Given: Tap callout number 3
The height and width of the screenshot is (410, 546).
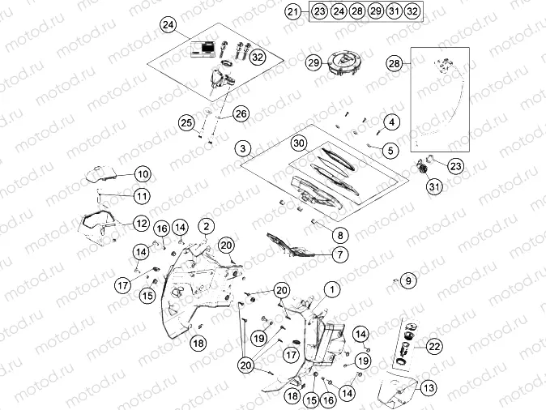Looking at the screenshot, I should pyautogui.click(x=243, y=149).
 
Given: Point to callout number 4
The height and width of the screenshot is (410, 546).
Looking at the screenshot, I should pyautogui.click(x=391, y=122).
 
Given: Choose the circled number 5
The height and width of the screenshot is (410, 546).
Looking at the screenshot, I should pyautogui.click(x=391, y=149).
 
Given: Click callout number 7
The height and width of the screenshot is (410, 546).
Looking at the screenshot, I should pyautogui.click(x=340, y=254).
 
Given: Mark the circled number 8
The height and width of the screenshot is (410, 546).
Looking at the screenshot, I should pyautogui.click(x=340, y=235).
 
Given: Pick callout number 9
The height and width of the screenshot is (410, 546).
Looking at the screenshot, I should pyautogui.click(x=408, y=280).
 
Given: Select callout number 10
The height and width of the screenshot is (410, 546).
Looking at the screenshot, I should pyautogui.click(x=142, y=173).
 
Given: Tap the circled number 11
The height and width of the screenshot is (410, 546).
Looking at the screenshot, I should pyautogui.click(x=142, y=196).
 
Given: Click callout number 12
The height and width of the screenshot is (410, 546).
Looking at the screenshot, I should pyautogui.click(x=141, y=222).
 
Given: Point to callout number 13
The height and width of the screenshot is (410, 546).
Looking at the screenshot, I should pyautogui.click(x=429, y=387).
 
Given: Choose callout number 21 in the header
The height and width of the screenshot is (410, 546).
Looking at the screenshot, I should pyautogui.click(x=293, y=11).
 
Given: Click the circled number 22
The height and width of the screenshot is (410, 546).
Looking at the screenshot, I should pyautogui.click(x=434, y=346).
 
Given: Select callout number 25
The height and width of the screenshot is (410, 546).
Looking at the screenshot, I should pyautogui.click(x=187, y=123).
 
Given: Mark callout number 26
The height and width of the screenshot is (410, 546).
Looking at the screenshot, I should pyautogui.click(x=241, y=114).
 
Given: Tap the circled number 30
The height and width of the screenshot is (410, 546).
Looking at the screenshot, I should pyautogui.click(x=300, y=143).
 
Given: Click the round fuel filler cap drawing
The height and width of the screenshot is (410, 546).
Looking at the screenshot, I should pyautogui.click(x=344, y=64).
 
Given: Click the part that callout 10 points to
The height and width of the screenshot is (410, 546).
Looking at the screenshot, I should pyautogui.click(x=100, y=173).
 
